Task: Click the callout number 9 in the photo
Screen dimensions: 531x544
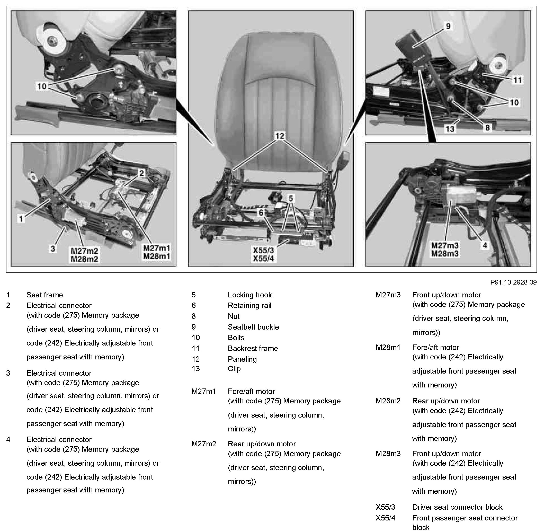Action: coord(448,26)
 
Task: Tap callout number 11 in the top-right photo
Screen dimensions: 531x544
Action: coord(518,80)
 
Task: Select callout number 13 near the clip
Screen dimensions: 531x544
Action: coord(450,129)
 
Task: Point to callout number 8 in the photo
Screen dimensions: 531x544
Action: coord(487,128)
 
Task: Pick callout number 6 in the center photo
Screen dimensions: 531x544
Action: coord(261,213)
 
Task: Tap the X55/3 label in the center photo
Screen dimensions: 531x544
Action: coord(263,250)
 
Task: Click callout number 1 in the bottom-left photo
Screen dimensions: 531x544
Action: coord(21,219)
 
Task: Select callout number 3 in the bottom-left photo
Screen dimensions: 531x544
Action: coord(53,249)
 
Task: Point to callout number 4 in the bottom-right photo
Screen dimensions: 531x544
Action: coord(485,245)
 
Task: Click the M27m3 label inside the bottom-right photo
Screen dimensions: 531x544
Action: coord(444,245)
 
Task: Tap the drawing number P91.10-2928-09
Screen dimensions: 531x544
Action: coord(513,282)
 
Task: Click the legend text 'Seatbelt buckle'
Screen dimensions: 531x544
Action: coord(253,327)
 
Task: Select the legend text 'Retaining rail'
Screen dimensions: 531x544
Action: coord(249,305)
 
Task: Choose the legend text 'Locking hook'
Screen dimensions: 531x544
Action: coord(249,295)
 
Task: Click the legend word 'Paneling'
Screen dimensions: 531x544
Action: coord(242,359)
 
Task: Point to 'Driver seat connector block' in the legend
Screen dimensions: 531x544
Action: coord(457,507)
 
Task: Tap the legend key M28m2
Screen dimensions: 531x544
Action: coord(388,401)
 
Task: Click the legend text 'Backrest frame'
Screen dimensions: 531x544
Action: coord(253,348)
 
